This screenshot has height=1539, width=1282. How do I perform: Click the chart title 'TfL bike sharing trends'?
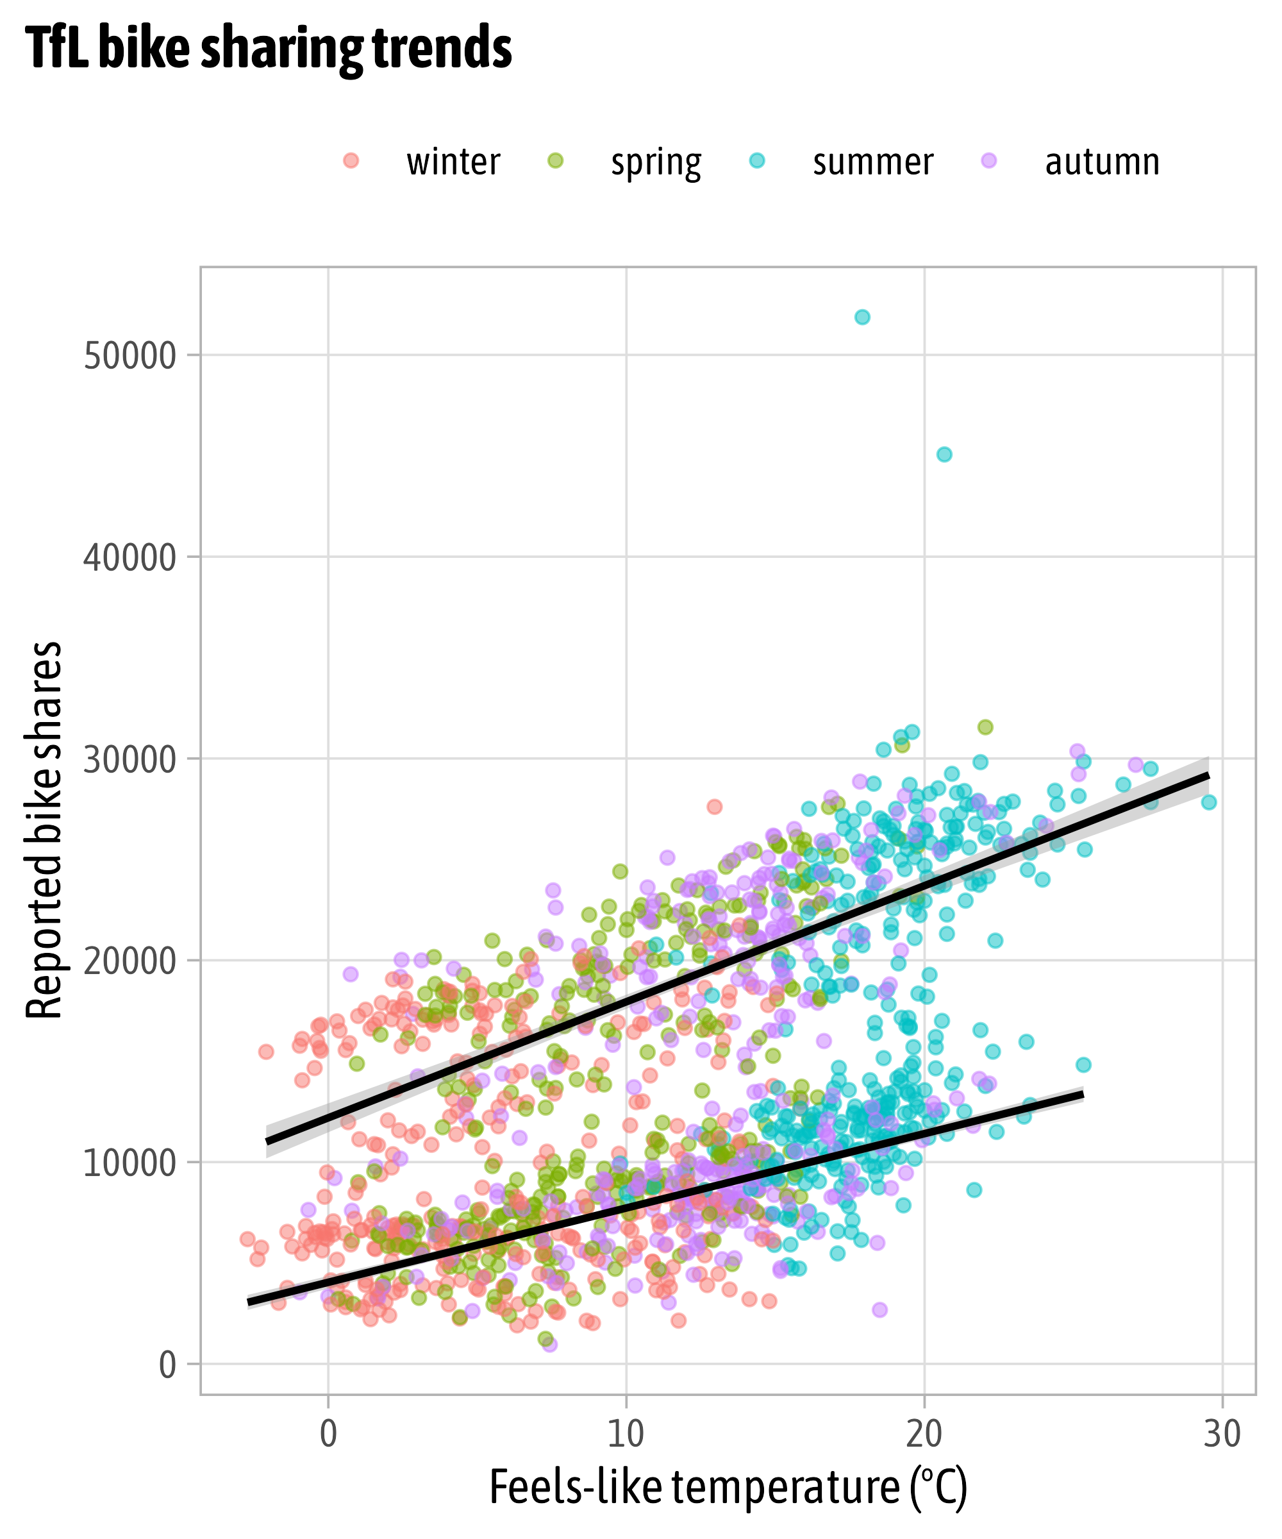[x=268, y=48]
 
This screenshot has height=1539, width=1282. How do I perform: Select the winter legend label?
[x=453, y=162]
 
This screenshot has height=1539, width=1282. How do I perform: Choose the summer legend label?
[x=872, y=162]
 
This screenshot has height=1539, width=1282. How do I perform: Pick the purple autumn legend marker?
[x=990, y=160]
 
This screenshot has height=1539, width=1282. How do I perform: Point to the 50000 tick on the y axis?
[x=129, y=356]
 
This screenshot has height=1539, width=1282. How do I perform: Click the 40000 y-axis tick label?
[x=129, y=558]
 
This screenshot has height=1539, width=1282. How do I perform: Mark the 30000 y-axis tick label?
[x=129, y=760]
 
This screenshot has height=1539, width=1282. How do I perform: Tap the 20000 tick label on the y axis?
[x=129, y=961]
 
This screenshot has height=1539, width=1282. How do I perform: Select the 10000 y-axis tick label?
[x=129, y=1164]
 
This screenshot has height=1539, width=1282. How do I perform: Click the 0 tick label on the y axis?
[x=167, y=1365]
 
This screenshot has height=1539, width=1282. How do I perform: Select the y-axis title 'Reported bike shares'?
[x=44, y=830]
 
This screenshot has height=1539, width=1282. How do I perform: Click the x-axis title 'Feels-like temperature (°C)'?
[x=728, y=1488]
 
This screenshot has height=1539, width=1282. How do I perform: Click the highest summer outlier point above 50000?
[x=862, y=317]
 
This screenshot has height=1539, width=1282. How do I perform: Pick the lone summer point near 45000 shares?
[x=944, y=455]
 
